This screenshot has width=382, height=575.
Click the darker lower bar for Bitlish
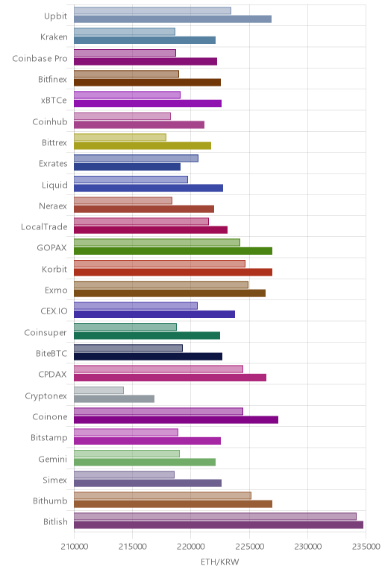click(219, 525)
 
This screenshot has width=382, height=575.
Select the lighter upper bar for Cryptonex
click(98, 390)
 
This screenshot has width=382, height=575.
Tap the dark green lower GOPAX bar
click(173, 251)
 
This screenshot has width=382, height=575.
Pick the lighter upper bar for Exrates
click(136, 158)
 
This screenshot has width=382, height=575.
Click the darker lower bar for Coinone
click(176, 419)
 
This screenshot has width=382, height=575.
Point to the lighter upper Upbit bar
click(152, 10)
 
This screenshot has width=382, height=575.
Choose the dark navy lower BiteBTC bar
click(148, 357)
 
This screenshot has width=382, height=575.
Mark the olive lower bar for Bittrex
click(143, 145)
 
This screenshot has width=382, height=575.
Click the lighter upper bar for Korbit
click(160, 264)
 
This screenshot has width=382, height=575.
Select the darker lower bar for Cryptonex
click(114, 398)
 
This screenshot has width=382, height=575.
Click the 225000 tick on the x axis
click(249, 547)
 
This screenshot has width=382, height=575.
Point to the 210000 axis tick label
click(74, 547)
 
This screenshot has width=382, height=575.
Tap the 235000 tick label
click(366, 547)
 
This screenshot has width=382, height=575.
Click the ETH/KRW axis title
click(219, 562)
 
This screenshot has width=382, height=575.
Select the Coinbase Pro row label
click(40, 58)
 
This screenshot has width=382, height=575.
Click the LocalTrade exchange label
click(44, 226)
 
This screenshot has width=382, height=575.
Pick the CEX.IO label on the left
click(54, 311)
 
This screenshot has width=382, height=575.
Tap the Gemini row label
click(53, 459)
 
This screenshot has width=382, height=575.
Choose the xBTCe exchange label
click(54, 100)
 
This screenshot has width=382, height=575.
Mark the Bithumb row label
click(50, 501)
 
